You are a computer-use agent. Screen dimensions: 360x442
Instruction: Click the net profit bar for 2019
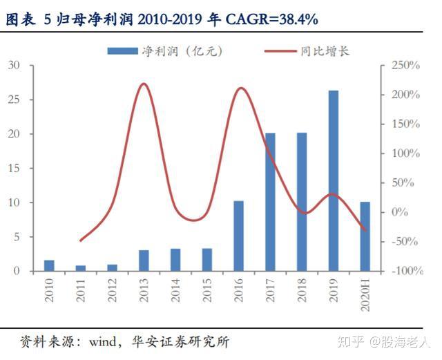click(333, 180)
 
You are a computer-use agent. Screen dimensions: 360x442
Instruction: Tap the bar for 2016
click(238, 236)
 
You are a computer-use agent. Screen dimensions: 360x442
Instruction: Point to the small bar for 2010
click(49, 265)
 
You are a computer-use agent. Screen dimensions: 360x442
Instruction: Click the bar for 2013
click(144, 260)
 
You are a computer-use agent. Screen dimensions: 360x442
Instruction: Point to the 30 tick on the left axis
click(15, 66)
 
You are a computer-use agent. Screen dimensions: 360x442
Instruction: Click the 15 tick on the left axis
click(15, 169)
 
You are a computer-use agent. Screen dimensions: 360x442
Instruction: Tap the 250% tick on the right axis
click(405, 66)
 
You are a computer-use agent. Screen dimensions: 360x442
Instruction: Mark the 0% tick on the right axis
click(400, 212)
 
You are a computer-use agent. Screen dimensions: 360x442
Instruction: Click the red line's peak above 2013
click(144, 84)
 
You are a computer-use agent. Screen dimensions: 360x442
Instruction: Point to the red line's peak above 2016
click(240, 88)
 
